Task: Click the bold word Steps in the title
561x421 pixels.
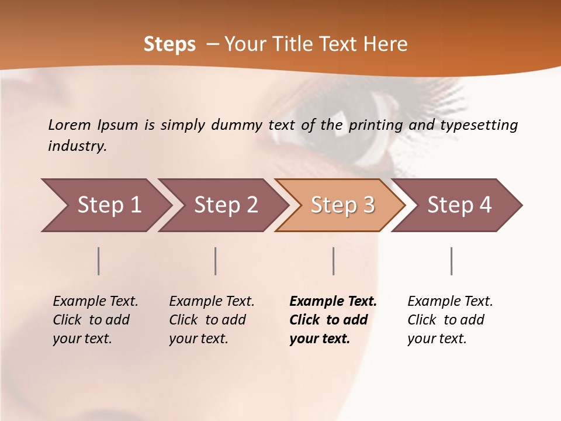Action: click(x=169, y=44)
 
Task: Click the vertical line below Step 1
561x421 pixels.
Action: click(x=99, y=261)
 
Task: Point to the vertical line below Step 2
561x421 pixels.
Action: click(x=216, y=261)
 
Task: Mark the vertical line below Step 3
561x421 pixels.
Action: click(x=333, y=261)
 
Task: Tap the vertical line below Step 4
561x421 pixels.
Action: click(x=451, y=261)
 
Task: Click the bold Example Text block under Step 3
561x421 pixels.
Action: click(x=333, y=320)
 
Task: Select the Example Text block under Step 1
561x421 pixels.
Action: click(x=95, y=320)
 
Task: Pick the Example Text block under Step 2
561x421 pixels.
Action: click(x=212, y=320)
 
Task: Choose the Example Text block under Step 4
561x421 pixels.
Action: click(x=450, y=320)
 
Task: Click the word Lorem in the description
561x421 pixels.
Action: click(x=70, y=125)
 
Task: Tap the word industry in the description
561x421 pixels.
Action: click(x=77, y=146)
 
